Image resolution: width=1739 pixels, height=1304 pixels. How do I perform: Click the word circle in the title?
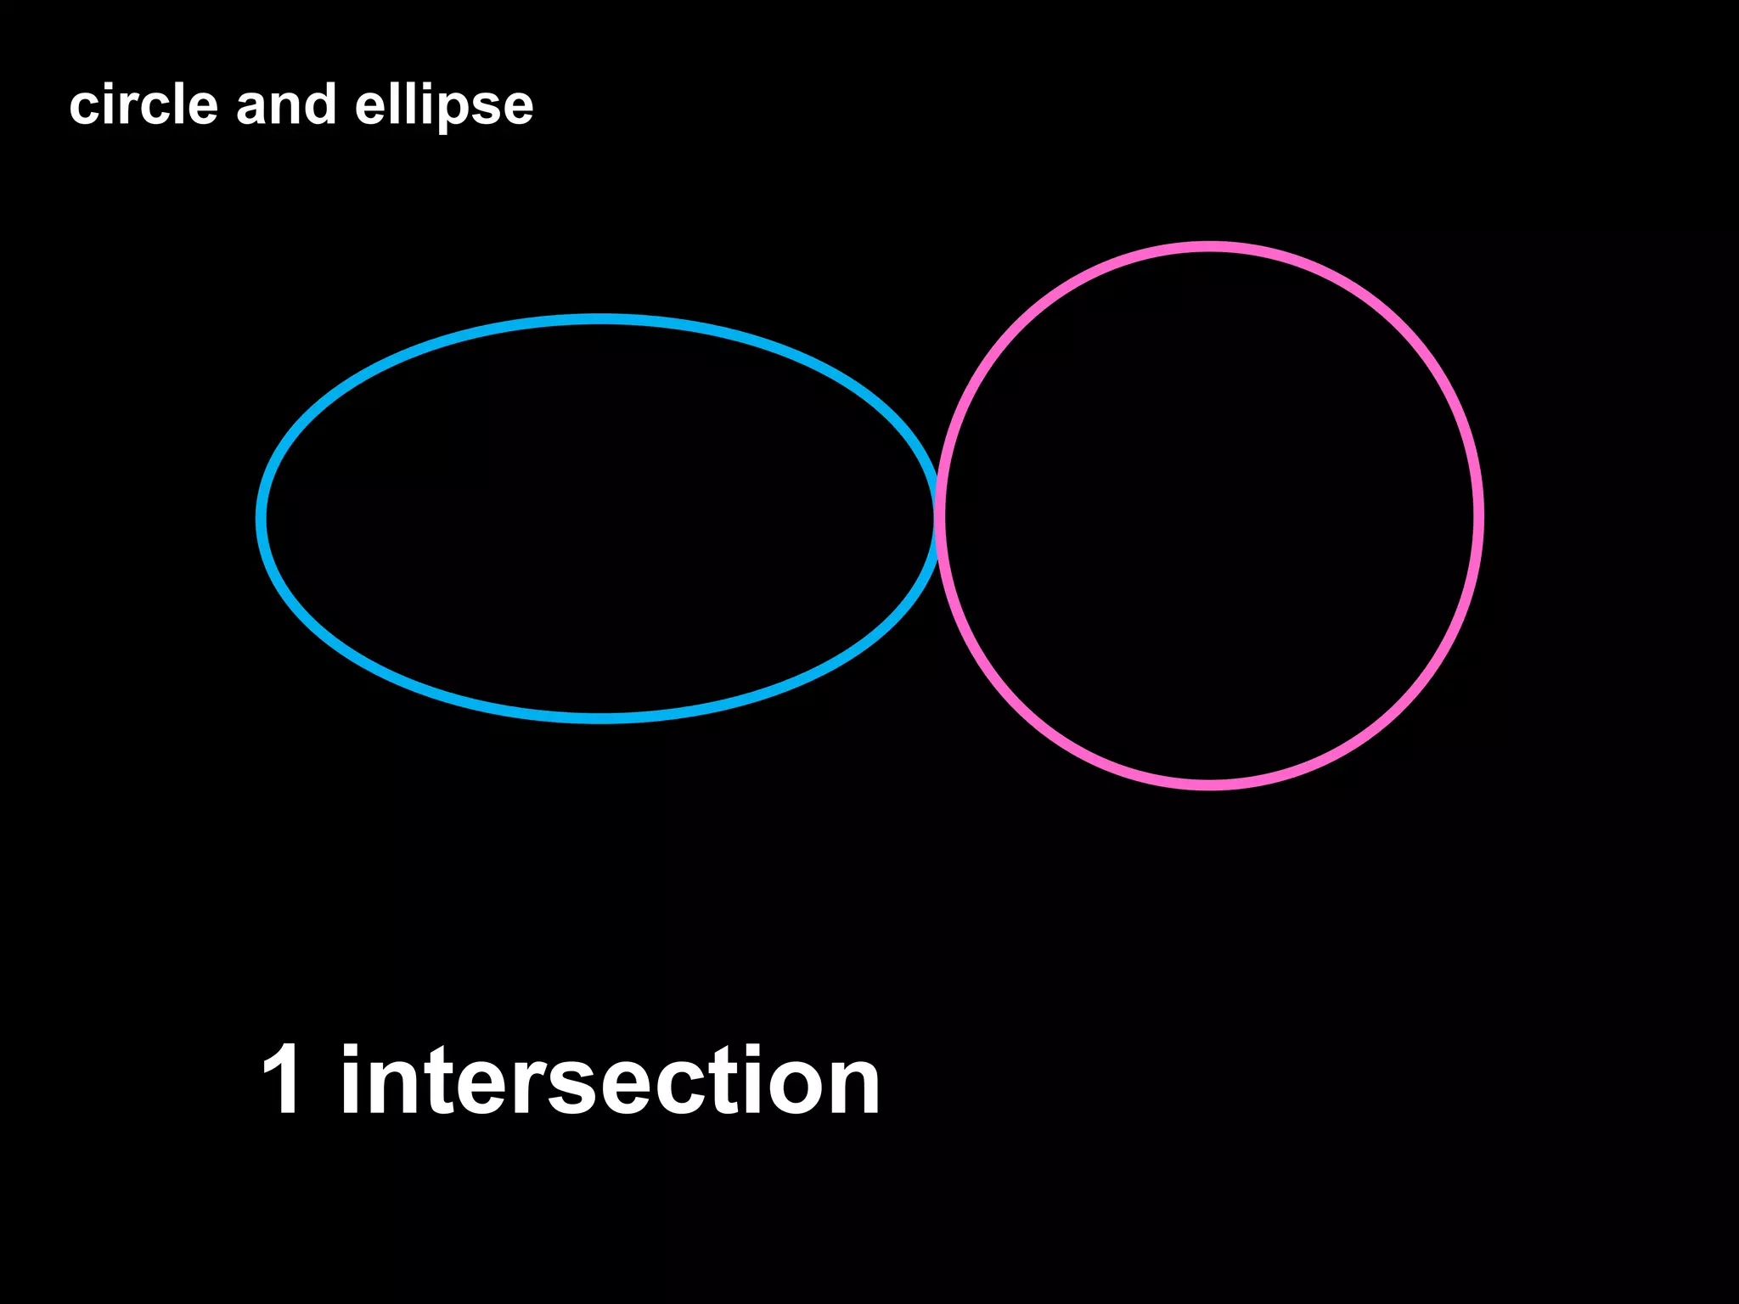tap(144, 105)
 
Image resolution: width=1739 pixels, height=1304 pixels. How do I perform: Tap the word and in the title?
tap(286, 105)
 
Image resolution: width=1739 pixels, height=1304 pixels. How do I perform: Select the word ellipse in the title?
tap(444, 107)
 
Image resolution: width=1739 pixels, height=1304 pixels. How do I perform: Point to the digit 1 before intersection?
tap(282, 1080)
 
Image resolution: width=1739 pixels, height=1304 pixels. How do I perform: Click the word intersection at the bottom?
tap(610, 1080)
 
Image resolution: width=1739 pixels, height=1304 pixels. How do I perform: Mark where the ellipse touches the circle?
tap(938, 516)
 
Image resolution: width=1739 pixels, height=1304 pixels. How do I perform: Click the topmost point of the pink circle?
tap(1209, 247)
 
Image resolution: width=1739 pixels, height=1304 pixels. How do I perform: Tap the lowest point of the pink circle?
tap(1209, 784)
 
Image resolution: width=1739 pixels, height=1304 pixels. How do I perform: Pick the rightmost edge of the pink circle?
tap(1478, 516)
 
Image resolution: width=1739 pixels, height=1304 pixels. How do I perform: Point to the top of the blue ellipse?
tap(600, 319)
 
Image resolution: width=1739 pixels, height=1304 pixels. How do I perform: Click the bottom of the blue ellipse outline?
tap(600, 718)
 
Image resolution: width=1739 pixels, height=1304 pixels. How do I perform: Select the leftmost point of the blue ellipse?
tap(262, 518)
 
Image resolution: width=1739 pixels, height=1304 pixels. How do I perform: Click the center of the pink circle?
tap(1209, 516)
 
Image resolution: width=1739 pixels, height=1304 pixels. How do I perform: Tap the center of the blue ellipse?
tap(600, 518)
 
